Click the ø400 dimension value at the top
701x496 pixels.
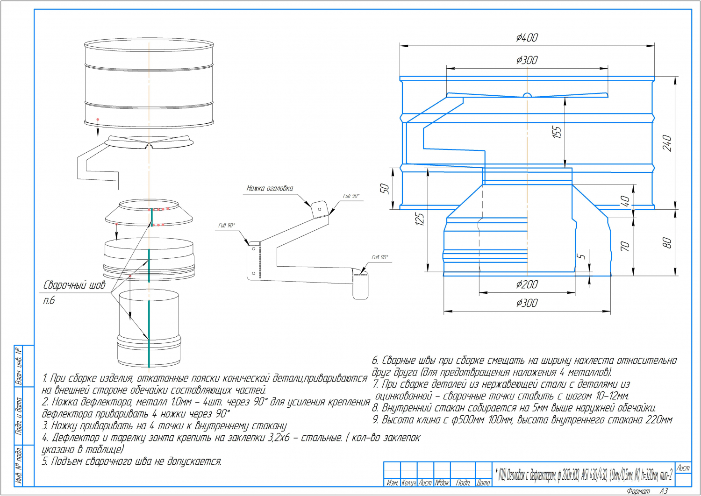coord(527,37)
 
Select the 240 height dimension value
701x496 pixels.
coord(667,143)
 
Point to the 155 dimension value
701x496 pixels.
coord(557,132)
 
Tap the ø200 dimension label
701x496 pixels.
coord(527,284)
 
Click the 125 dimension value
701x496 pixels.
coord(419,219)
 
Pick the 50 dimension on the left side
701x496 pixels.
coord(384,189)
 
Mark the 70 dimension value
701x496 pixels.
coord(625,246)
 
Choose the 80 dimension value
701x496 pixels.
coord(667,243)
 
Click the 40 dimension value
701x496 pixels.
coord(625,201)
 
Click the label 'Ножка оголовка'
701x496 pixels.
coord(270,188)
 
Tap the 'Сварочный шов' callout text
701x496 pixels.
coord(74,285)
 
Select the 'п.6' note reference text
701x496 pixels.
coord(49,300)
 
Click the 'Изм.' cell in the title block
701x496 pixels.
coord(392,483)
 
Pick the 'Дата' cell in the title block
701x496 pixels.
coord(484,483)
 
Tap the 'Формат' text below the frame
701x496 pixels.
coord(638,491)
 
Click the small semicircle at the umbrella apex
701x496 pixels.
coord(527,95)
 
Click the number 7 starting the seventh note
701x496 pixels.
coord(375,384)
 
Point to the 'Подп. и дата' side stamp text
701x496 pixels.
coord(19,416)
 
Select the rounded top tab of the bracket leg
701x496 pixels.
coord(320,207)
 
